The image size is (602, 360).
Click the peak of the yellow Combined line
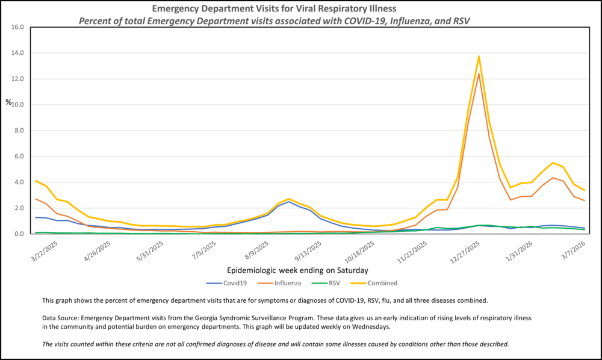tap(479, 57)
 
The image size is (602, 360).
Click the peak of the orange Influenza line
tap(479, 73)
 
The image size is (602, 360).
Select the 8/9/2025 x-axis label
tap(256, 247)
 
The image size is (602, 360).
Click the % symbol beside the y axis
tap(8, 102)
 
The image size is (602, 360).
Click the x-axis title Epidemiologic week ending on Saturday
tap(297, 270)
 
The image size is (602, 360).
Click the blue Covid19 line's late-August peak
tap(289, 202)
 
